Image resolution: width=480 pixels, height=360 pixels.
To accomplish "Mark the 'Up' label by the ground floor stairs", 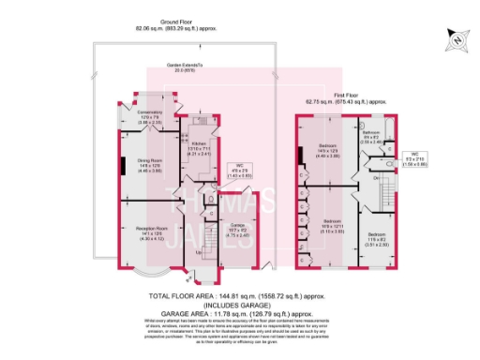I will pos(197,253).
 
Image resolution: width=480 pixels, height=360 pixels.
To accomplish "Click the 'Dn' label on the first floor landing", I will pos(377,176).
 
